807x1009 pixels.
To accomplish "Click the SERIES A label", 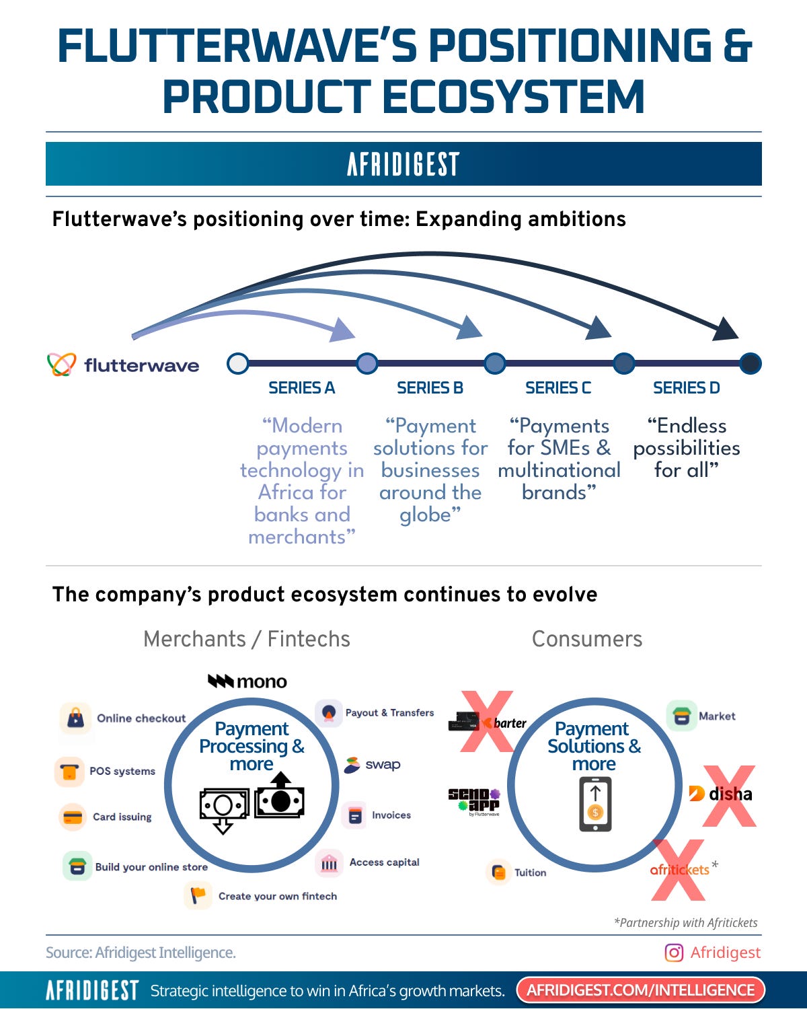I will coord(301,388).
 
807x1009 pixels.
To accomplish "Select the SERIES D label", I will coord(686,388).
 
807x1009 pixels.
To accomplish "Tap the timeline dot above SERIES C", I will coord(624,363).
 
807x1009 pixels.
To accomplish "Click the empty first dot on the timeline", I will coord(238,363).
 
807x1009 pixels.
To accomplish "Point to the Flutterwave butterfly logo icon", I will coord(61,365).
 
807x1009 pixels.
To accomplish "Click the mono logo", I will coord(247,681).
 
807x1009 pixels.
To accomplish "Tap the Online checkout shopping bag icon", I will coord(75,718).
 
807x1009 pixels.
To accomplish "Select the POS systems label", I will coord(122,771).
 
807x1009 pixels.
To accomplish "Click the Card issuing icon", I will coord(72,817).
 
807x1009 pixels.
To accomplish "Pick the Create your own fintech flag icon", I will coord(198,896).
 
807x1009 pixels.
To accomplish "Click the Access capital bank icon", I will coord(329,863).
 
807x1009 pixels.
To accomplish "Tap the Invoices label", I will coord(391,815).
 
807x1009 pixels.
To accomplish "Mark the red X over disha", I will coord(729,795).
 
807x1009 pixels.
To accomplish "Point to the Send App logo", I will coord(475,800).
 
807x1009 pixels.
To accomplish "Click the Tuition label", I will coord(530,872).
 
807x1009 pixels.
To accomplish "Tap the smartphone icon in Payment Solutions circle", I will coord(595,804).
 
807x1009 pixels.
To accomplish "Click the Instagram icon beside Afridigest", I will coord(673,952).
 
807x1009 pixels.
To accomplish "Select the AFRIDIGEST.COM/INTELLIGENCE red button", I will coord(640,990).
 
